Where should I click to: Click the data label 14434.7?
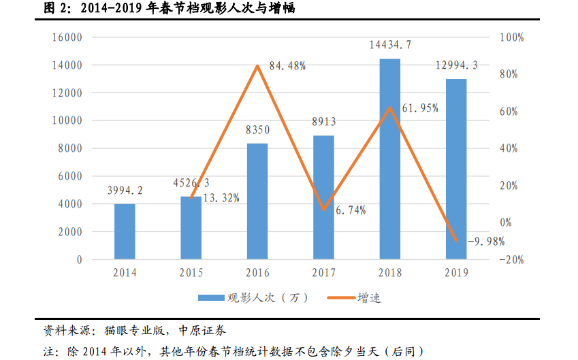coord(390,46)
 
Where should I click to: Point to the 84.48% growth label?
coord(287,66)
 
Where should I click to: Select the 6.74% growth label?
coord(351,210)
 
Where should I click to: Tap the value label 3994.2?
coord(125,190)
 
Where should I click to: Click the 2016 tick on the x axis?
coord(257,274)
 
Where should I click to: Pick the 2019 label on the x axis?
coord(456,274)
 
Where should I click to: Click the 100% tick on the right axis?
coord(511,37)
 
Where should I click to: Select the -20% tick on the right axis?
coord(511,260)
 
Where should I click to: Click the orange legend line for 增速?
coord(340,298)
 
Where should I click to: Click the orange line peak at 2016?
coord(257,66)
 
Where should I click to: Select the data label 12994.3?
coord(456,65)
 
